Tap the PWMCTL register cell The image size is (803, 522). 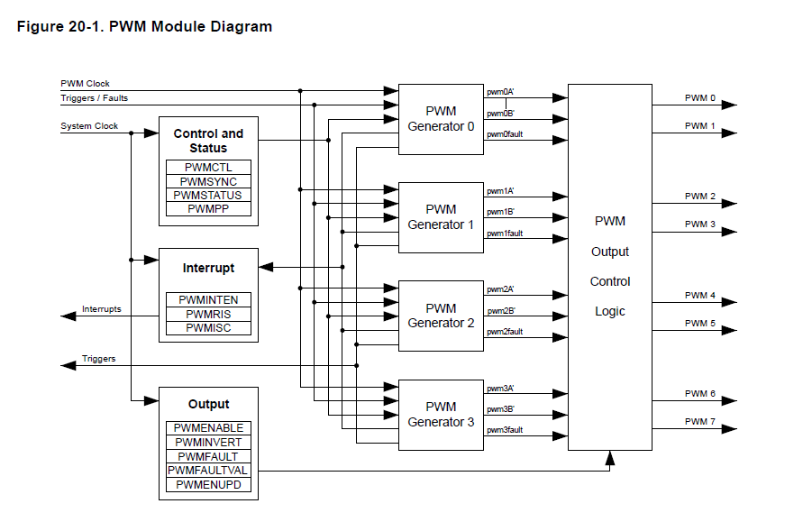[208, 168]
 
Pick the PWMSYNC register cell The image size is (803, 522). [208, 181]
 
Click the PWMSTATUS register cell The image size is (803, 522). [208, 195]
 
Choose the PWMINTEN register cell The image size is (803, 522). [208, 299]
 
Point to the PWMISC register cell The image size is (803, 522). [208, 328]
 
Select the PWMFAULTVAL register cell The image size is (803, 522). [208, 471]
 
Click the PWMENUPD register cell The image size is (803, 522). [208, 485]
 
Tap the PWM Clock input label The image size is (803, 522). [86, 84]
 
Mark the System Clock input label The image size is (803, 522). [89, 126]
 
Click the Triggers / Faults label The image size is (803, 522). [95, 97]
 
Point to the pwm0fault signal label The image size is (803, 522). [505, 134]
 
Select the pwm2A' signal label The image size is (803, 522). [500, 289]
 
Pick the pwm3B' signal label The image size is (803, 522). [500, 409]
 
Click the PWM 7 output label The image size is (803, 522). [699, 422]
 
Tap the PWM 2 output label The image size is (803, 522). [699, 197]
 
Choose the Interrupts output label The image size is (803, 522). [102, 309]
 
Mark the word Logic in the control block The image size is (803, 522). [610, 312]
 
